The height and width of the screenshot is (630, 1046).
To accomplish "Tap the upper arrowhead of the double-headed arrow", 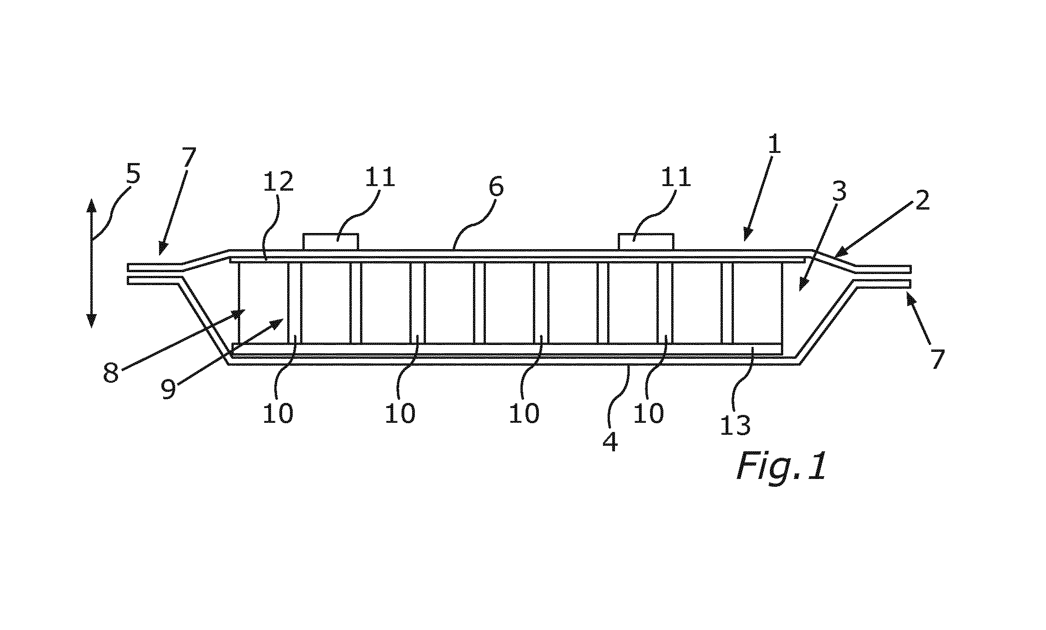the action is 91,206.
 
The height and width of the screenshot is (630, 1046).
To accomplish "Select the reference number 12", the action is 278,182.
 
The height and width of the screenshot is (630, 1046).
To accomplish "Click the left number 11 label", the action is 380,177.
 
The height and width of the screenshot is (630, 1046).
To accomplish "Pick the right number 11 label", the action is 675,177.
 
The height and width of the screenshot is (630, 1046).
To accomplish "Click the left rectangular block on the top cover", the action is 331,242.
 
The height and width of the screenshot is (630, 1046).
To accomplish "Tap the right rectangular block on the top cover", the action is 645,242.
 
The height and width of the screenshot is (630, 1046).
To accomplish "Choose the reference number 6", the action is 496,187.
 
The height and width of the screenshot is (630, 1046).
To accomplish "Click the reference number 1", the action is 774,144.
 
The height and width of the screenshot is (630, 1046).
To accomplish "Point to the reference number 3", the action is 839,192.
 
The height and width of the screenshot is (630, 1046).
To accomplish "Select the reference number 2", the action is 922,200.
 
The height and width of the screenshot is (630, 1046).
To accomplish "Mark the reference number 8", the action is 111,373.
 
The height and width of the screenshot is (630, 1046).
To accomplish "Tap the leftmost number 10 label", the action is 278,413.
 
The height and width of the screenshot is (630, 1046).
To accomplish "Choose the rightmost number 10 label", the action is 648,413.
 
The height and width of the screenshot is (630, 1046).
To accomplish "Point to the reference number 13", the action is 735,425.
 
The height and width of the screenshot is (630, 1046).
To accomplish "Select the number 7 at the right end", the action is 937,360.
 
